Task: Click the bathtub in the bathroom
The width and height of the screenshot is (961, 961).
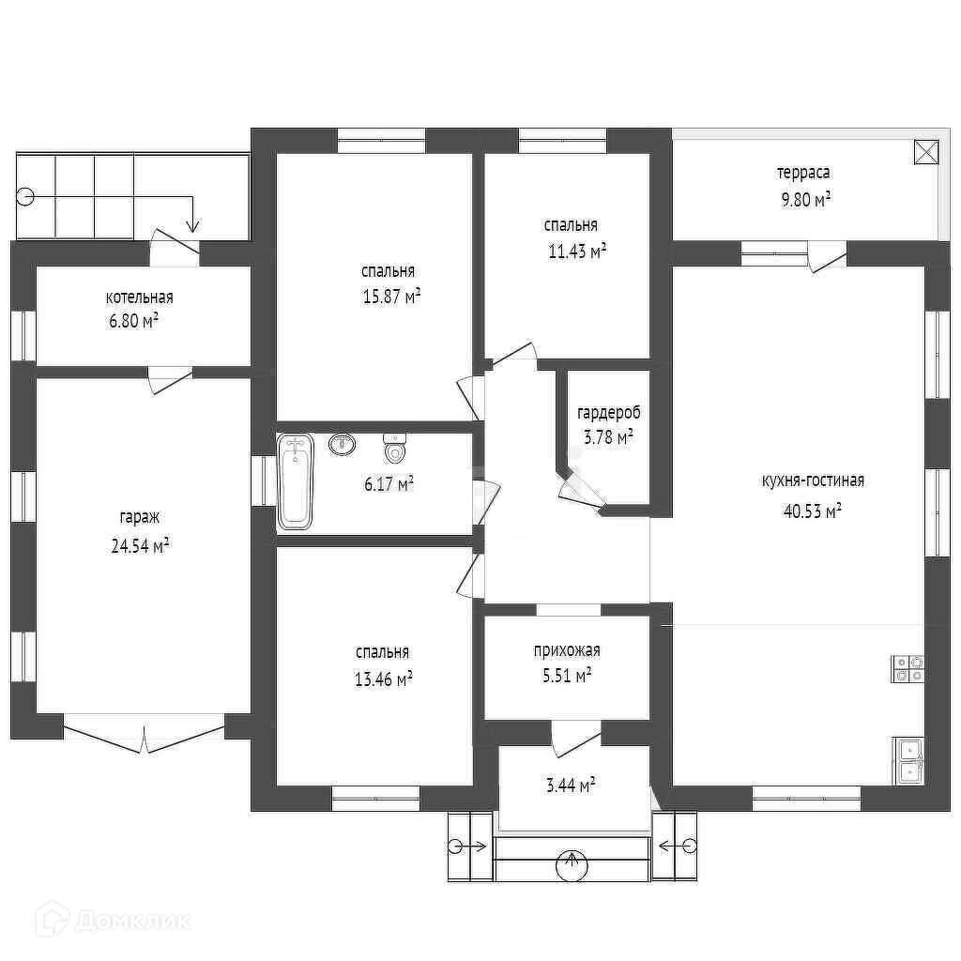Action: (x=296, y=481)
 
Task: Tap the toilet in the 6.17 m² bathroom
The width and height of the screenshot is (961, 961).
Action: (x=395, y=448)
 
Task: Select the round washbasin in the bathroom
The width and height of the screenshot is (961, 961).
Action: (x=342, y=444)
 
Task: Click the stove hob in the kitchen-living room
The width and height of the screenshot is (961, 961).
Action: (x=908, y=668)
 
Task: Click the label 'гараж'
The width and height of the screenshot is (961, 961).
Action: (x=140, y=517)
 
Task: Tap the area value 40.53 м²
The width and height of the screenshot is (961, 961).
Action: (x=812, y=511)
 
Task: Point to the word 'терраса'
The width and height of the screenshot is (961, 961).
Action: (x=803, y=174)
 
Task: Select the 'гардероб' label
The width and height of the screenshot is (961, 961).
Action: (x=608, y=413)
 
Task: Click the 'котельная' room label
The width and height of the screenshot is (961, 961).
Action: (x=139, y=297)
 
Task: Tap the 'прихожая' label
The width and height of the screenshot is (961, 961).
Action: (x=567, y=650)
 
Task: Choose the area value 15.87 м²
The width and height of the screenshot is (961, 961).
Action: (x=391, y=297)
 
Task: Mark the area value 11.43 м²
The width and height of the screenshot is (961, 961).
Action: (x=577, y=252)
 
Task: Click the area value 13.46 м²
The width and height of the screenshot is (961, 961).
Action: (x=383, y=679)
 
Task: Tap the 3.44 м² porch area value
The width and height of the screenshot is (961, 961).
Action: (x=571, y=786)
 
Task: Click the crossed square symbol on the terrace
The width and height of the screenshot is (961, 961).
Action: (x=926, y=152)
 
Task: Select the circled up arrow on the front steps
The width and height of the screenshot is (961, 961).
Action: (x=572, y=864)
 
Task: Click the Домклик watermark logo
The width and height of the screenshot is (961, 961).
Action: (x=114, y=920)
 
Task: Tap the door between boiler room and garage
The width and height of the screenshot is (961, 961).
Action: (x=169, y=379)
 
